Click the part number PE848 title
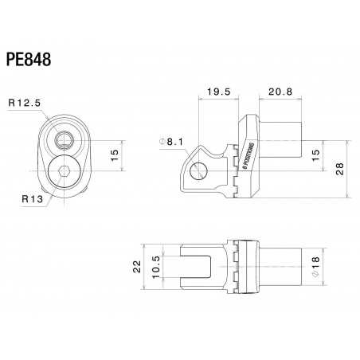pos(29,61)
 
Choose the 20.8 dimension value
pos(280,92)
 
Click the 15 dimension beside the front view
pos(115,154)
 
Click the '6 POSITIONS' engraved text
pos(245,156)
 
